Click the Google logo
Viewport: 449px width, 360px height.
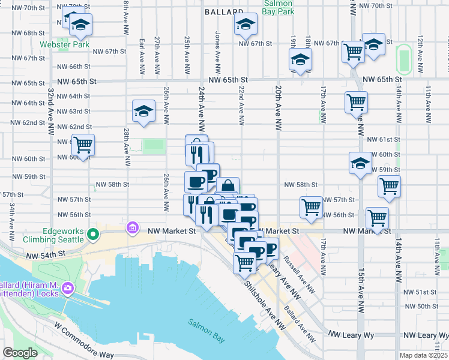click(x=20, y=353)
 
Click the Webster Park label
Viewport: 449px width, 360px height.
click(x=65, y=45)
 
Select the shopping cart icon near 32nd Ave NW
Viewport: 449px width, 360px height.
click(x=83, y=144)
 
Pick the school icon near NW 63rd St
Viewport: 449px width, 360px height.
click(x=143, y=111)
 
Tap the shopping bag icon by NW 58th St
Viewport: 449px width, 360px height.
click(x=228, y=187)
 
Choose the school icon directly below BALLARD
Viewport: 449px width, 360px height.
click(x=245, y=25)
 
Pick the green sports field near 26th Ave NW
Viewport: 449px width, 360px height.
click(x=154, y=145)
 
